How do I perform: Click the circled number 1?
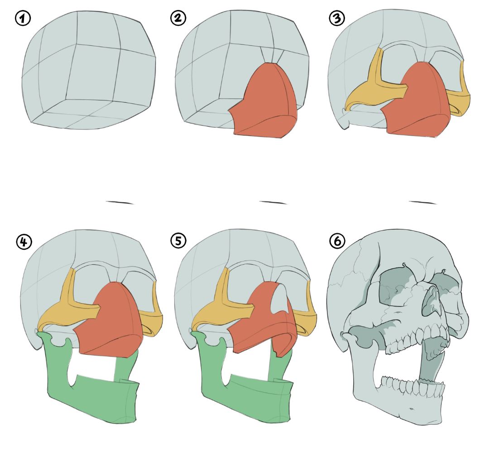(23, 19)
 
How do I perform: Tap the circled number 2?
(178, 18)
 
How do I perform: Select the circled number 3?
(337, 18)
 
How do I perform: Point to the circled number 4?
(24, 242)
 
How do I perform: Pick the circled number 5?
(178, 241)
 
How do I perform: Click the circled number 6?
(337, 242)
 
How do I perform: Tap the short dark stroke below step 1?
(120, 203)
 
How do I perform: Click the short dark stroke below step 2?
(273, 203)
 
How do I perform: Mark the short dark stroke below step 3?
(423, 203)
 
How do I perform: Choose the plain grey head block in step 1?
(89, 70)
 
